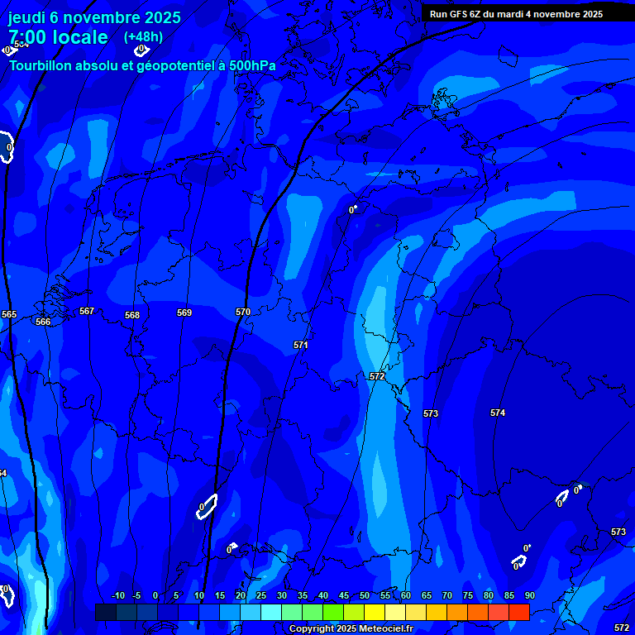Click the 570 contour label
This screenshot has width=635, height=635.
point(243,312)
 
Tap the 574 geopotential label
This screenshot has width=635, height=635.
point(498,413)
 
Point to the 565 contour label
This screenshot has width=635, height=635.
point(9,314)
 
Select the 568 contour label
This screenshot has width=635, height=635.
point(132,315)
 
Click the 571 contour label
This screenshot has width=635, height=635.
point(301,345)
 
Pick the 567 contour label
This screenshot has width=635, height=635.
point(87,311)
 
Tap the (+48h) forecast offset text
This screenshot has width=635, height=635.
point(143,37)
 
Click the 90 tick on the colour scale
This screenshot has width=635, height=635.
point(529,595)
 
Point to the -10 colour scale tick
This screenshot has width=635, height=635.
point(117,595)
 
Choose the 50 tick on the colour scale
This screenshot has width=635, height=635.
point(365,595)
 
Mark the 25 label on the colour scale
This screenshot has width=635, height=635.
point(261,595)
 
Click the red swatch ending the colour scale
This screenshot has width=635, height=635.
point(518,612)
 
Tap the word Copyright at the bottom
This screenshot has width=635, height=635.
point(311,629)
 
